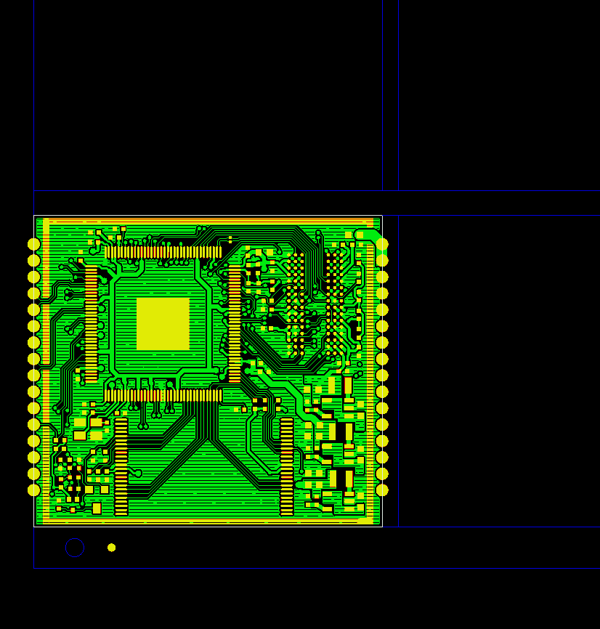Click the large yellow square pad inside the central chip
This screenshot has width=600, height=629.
163,323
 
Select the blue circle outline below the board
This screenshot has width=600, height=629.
75,548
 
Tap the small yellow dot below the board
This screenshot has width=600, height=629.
111,548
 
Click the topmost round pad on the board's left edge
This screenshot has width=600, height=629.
33,244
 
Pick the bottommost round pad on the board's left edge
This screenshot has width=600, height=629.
33,490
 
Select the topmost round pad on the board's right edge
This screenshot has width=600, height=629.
382,244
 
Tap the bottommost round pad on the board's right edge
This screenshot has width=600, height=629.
382,490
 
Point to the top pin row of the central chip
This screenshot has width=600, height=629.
163,252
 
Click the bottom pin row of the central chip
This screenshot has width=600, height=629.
163,395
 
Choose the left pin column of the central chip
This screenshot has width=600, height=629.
91,324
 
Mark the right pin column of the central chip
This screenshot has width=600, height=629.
234,324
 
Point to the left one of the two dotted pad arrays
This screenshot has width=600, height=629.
295,305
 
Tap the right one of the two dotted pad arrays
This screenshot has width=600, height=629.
334,305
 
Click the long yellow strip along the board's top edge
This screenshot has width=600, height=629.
207,221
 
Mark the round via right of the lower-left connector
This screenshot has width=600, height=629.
138,474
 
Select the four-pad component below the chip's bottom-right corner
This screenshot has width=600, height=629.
259,404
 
